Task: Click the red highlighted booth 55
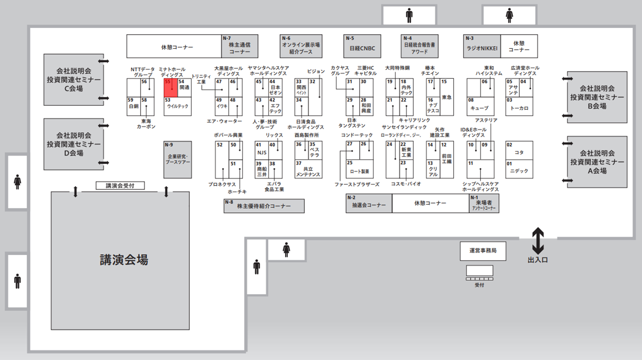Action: coord(170,88)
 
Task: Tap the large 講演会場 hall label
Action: coord(124,260)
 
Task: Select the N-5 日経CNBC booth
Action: coord(362,46)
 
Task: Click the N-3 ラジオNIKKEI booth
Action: coord(482,46)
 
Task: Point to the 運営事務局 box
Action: coord(483,251)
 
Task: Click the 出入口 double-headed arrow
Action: coord(538,240)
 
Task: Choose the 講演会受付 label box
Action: coord(120,186)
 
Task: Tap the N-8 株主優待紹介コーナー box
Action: coord(264,206)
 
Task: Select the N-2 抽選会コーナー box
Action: coord(369,203)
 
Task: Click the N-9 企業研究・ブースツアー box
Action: coord(178,160)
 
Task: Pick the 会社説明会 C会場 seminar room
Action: coord(74,80)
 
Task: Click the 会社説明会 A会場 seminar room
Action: coord(597,162)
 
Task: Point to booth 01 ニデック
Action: coord(519,169)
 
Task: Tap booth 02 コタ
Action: coord(519,150)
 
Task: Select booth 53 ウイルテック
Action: coord(178,107)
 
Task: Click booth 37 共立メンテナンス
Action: coord(308,169)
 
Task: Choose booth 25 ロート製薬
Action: coord(359,169)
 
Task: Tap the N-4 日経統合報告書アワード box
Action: coord(419,46)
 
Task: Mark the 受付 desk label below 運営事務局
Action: coord(480,285)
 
